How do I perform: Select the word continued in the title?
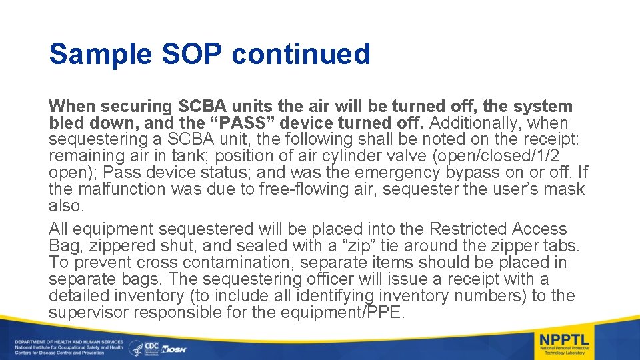(301, 55)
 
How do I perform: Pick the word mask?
(565, 189)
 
